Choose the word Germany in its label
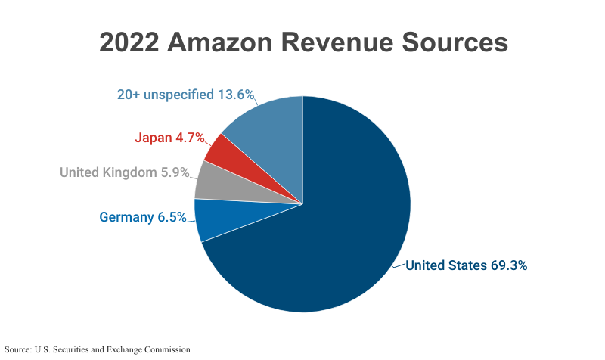[x=126, y=218]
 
